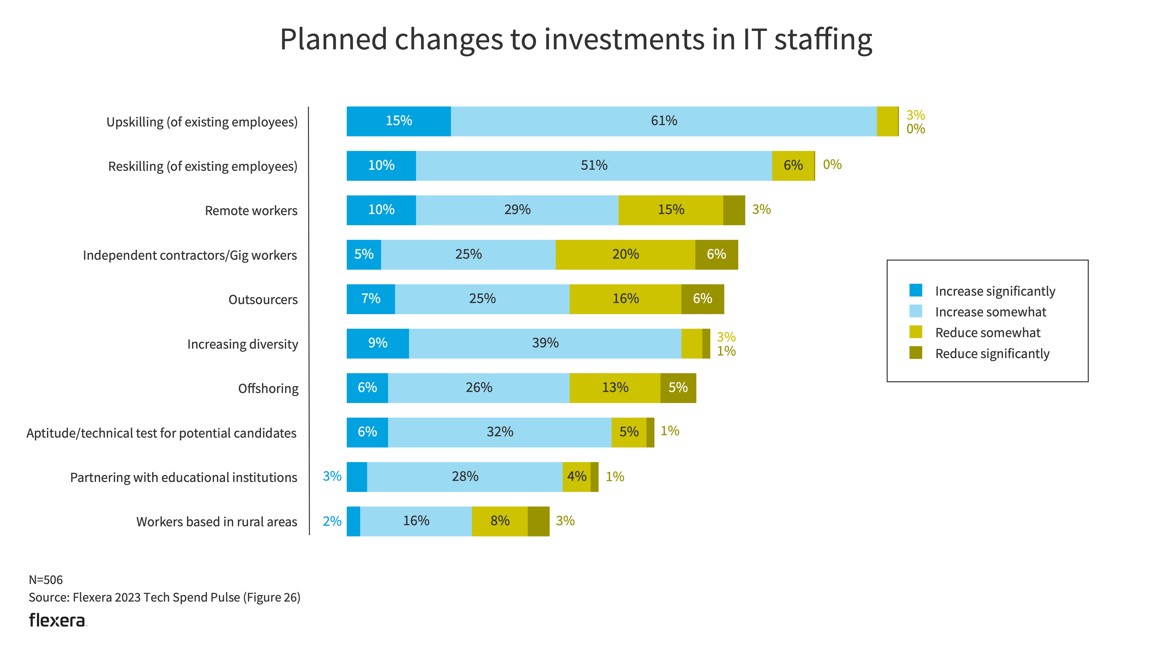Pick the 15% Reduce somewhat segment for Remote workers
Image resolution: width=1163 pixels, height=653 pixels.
671,210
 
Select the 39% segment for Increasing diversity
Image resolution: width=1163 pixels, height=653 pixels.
545,343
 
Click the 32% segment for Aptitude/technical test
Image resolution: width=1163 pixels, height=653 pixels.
500,432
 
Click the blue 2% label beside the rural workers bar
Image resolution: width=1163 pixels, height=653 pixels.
332,521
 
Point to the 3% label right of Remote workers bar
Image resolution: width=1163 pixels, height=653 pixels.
761,210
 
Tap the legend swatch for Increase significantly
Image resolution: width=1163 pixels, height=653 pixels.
916,290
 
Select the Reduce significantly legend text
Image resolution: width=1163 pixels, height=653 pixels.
992,354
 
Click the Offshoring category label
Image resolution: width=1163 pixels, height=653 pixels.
268,389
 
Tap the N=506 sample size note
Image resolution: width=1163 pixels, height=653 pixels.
46,580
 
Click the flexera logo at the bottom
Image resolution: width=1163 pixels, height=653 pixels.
57,620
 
